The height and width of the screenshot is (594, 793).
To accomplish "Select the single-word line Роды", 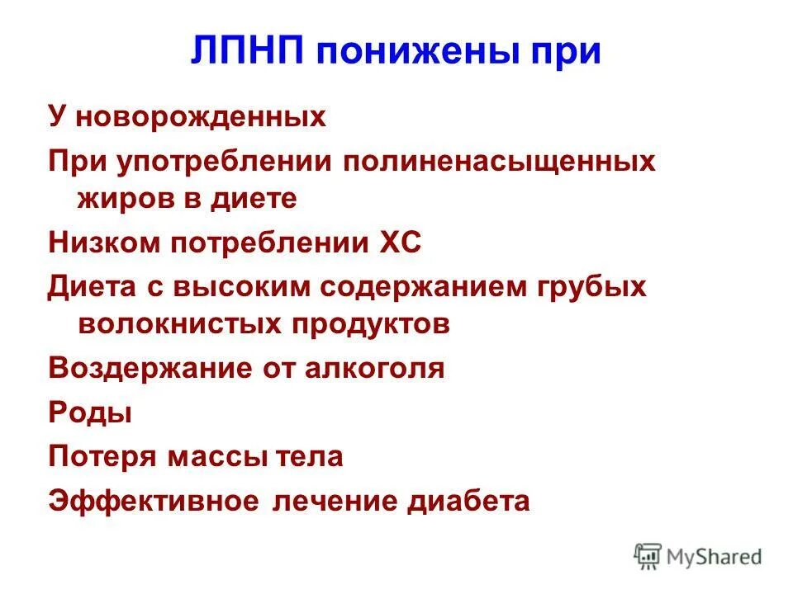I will coord(89,412).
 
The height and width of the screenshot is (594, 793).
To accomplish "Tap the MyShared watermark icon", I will coord(648,557).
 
